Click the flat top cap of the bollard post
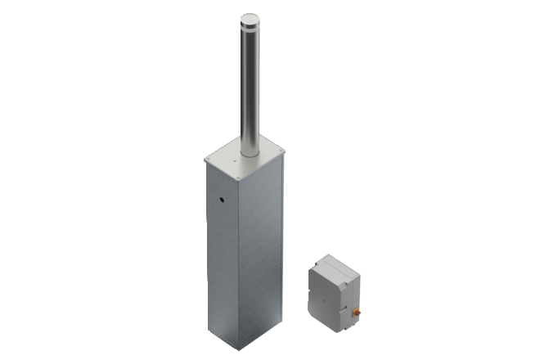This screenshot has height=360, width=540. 247,17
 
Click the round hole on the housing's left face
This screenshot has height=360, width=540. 219,199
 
